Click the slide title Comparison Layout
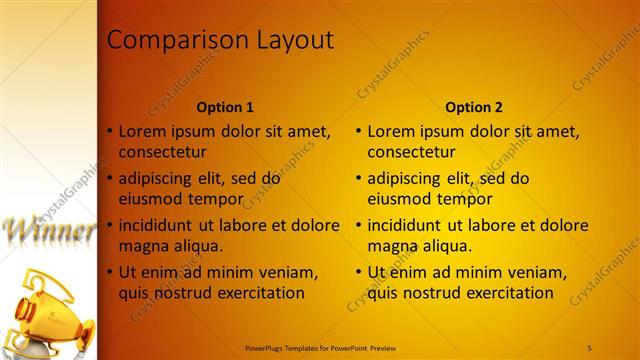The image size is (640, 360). click(x=220, y=40)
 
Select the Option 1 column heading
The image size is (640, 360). click(x=225, y=107)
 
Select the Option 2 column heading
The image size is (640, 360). click(x=474, y=107)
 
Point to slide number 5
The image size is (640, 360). click(x=589, y=346)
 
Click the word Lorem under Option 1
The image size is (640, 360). click(x=141, y=131)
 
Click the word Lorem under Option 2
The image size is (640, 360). click(x=390, y=131)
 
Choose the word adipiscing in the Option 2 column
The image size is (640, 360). click(x=405, y=178)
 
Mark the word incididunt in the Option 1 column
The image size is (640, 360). click(x=160, y=225)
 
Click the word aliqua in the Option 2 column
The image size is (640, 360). click(x=445, y=246)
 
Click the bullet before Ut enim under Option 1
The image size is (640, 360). click(x=110, y=272)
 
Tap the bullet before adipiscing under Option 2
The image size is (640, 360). click(x=359, y=178)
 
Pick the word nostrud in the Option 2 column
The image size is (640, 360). click(x=429, y=293)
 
